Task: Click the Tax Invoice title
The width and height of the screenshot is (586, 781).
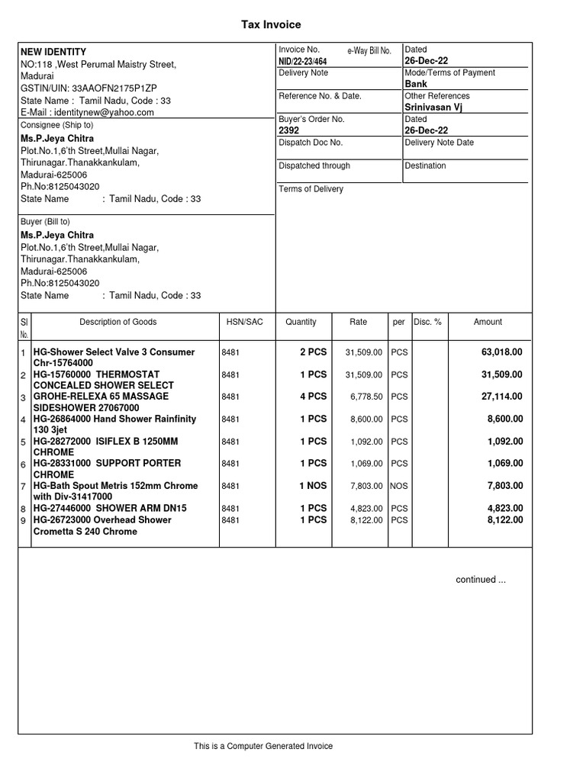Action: click(271, 24)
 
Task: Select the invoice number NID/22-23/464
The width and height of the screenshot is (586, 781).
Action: click(303, 61)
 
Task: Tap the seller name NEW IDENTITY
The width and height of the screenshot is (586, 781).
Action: click(53, 52)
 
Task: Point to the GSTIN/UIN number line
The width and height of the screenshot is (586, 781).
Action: click(89, 88)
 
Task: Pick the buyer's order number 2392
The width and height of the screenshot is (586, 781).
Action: click(289, 130)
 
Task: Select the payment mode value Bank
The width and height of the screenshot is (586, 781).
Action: click(416, 84)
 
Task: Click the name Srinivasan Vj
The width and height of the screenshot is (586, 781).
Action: click(433, 108)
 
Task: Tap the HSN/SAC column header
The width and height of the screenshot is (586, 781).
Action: click(244, 322)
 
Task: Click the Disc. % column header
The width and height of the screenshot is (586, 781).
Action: click(427, 322)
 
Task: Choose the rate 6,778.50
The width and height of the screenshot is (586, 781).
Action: click(363, 397)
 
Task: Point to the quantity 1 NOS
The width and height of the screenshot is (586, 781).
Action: click(313, 485)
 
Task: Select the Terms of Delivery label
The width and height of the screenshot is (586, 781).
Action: click(311, 189)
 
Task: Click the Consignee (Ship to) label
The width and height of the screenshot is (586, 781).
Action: click(56, 125)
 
